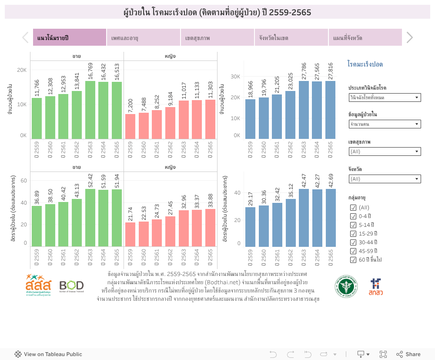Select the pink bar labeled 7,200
tap(130, 126)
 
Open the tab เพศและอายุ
tap(144, 38)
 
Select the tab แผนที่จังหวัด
tap(365, 38)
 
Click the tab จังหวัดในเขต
tap(291, 38)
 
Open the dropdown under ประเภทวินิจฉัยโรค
tap(385, 98)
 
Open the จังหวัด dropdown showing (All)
tap(385, 179)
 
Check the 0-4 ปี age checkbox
tap(353, 216)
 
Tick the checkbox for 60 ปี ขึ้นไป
tap(353, 260)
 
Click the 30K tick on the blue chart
tap(235, 77)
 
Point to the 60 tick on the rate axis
tap(24, 181)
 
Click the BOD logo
tap(71, 286)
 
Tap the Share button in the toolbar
tap(408, 354)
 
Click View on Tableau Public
tap(48, 354)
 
